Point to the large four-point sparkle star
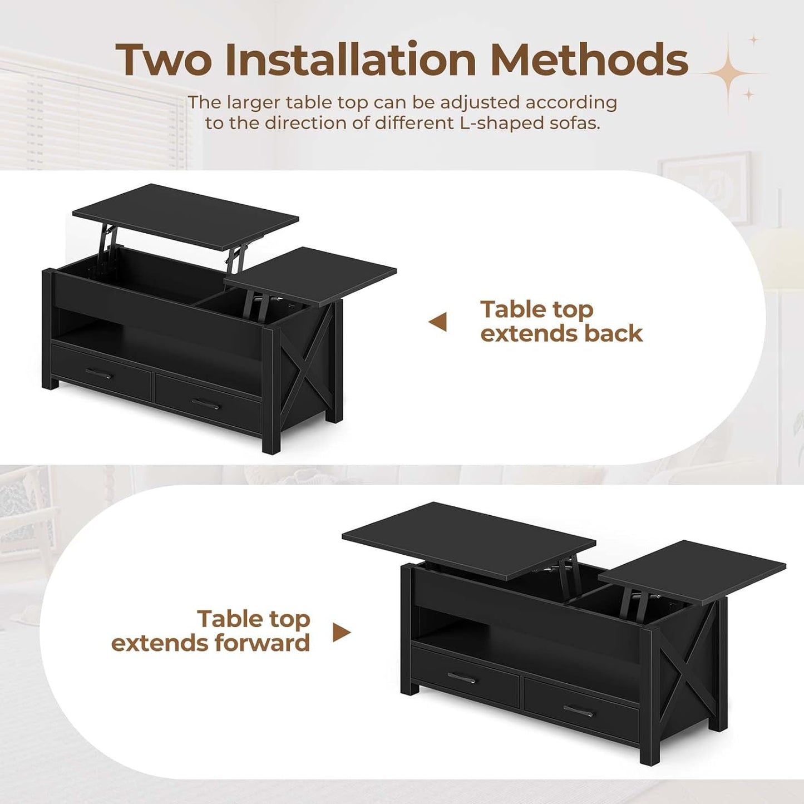point(729,72)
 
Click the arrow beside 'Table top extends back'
point(438,322)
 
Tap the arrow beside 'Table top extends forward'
point(342,632)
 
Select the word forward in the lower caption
point(262,643)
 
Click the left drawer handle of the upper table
point(100,374)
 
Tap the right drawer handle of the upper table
point(206,404)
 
